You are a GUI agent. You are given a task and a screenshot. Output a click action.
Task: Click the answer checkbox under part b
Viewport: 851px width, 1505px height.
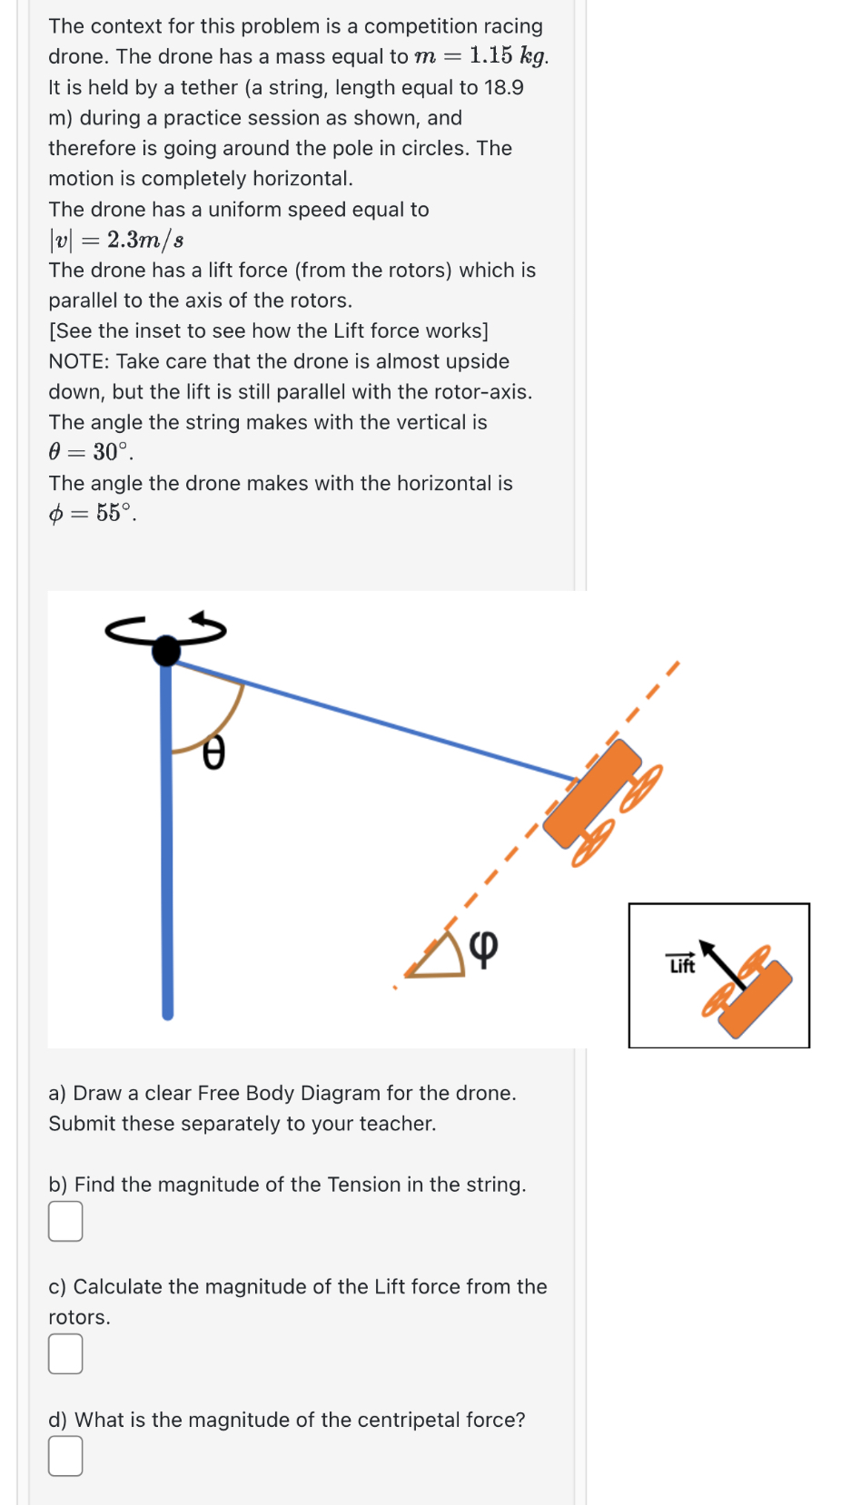tap(65, 1221)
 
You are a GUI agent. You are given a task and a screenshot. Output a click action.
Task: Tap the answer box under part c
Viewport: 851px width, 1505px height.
tap(65, 1353)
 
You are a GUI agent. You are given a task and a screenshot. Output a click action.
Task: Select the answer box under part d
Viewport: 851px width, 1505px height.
tap(65, 1456)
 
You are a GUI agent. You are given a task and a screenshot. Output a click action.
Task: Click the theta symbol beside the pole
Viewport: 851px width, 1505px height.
tap(213, 752)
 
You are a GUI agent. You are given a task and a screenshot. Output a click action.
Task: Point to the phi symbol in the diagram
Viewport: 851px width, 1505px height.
tap(484, 949)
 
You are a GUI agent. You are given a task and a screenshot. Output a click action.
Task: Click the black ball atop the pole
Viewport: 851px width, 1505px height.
tap(166, 650)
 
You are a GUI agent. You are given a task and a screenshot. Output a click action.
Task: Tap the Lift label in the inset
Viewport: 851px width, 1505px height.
tap(681, 965)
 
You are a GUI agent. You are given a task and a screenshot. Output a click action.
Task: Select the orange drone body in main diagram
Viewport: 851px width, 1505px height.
tap(592, 792)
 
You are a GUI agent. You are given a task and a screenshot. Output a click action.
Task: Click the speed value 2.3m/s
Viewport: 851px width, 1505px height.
tap(145, 240)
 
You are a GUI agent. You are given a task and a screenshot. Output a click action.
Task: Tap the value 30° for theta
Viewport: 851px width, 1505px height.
tap(112, 452)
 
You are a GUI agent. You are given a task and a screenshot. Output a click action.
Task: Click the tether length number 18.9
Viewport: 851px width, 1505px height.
tap(503, 87)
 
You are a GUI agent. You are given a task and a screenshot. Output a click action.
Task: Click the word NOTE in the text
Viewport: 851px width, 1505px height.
tap(78, 361)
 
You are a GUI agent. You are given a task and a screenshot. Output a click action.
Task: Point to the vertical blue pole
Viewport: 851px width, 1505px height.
tap(167, 862)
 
